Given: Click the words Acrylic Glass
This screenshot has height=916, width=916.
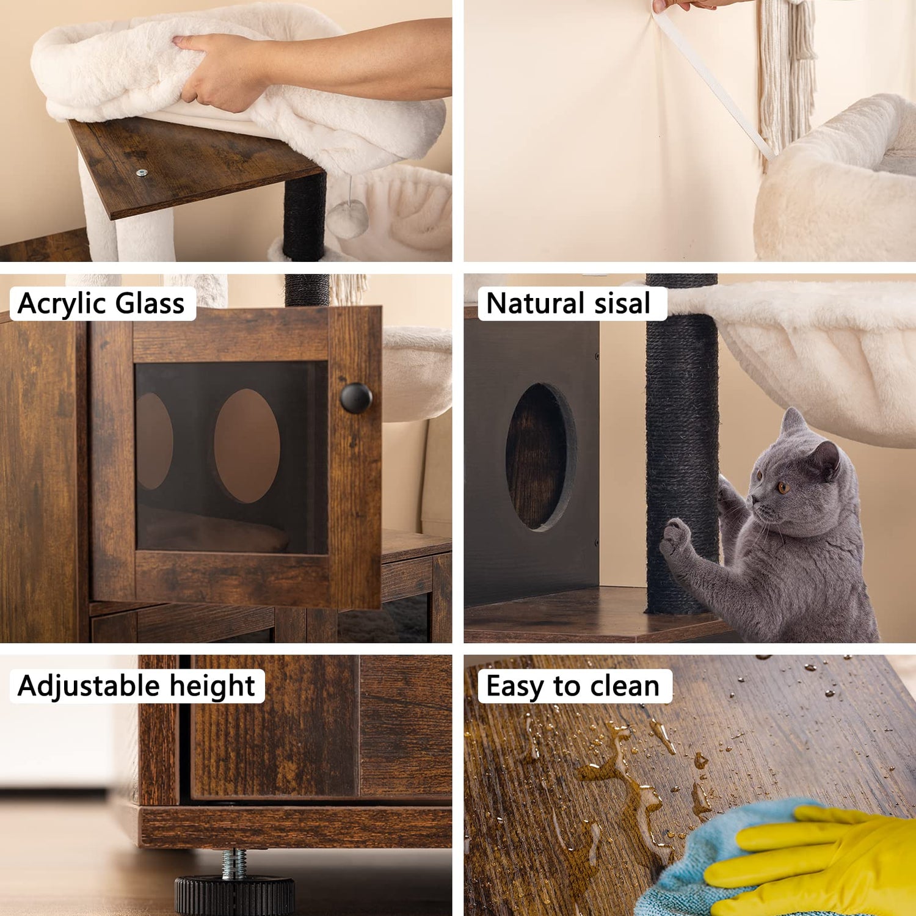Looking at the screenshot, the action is (x=101, y=304).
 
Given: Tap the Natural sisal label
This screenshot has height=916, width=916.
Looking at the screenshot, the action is (x=568, y=304).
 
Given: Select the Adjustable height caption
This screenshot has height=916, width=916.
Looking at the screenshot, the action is (x=136, y=686).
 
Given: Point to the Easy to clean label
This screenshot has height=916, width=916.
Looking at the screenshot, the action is (x=573, y=686).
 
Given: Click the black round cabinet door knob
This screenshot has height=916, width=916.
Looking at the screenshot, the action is (x=356, y=398).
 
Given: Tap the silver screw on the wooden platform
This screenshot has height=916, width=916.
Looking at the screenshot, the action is (x=142, y=173).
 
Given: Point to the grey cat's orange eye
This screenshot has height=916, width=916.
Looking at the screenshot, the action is (x=783, y=487).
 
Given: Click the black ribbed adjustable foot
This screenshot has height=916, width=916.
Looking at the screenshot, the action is (x=234, y=895).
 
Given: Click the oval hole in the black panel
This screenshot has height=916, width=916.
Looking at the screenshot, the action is (x=541, y=457).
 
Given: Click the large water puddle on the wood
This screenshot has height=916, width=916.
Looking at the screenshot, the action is (x=629, y=788).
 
